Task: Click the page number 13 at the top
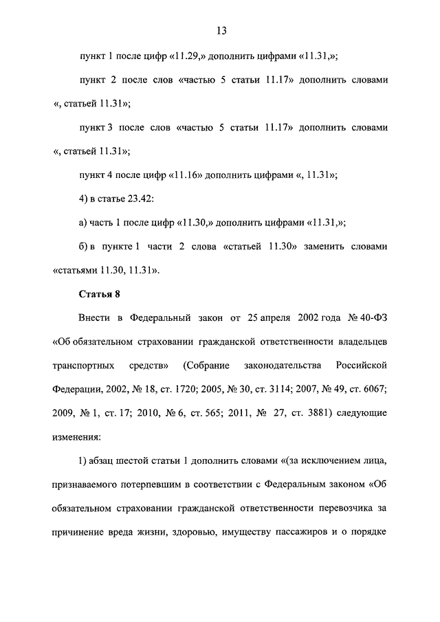click(221, 31)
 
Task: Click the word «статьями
click(76, 270)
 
